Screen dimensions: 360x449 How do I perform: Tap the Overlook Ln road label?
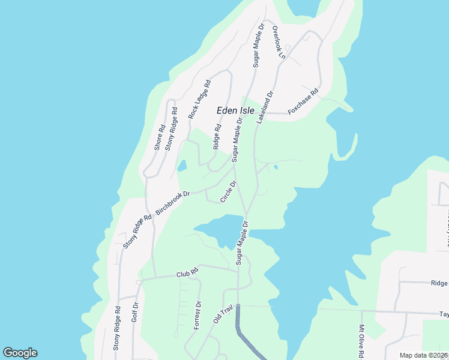coord(278,42)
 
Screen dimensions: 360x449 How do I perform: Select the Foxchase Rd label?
coord(303,103)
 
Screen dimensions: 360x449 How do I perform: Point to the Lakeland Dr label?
coord(265,107)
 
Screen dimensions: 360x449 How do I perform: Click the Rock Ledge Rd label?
coord(200,99)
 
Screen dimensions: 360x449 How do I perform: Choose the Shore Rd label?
coord(160,137)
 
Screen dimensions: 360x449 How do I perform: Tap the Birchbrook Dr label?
coord(173,203)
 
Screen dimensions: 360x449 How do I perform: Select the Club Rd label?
coord(187,274)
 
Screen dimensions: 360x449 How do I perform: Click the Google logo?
coord(20,353)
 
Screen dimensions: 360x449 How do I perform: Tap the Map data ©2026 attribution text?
coord(423,355)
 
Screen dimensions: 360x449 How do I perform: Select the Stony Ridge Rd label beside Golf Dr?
coord(117,328)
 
